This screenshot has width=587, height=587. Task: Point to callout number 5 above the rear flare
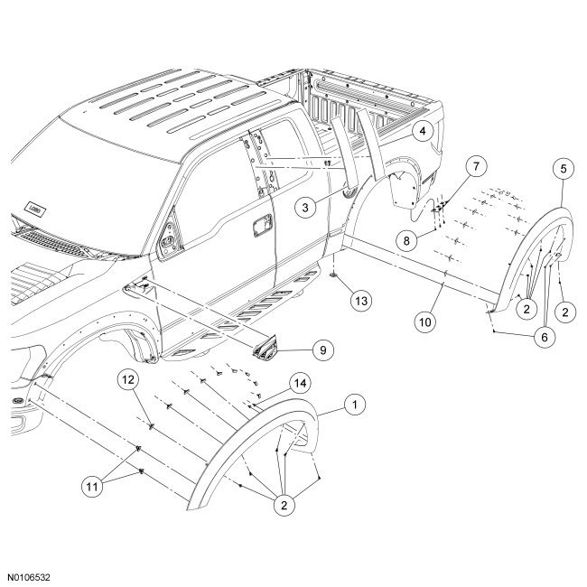[x=564, y=168]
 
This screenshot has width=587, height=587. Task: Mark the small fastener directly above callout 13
[x=336, y=271]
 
